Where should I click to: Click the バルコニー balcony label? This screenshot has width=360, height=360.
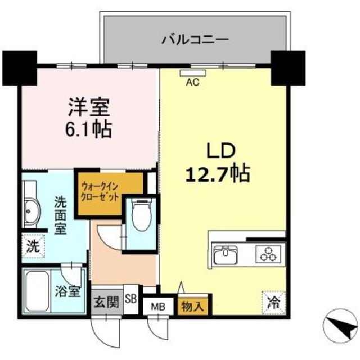pos(195,40)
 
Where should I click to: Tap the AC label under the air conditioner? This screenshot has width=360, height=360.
pos(193,82)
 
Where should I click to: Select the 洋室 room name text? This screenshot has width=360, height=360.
pos(89,107)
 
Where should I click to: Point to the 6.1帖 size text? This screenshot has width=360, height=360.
pos(89,129)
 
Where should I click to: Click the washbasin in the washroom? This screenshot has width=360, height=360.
pos(30,213)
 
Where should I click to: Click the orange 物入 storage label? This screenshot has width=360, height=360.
pos(193,307)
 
